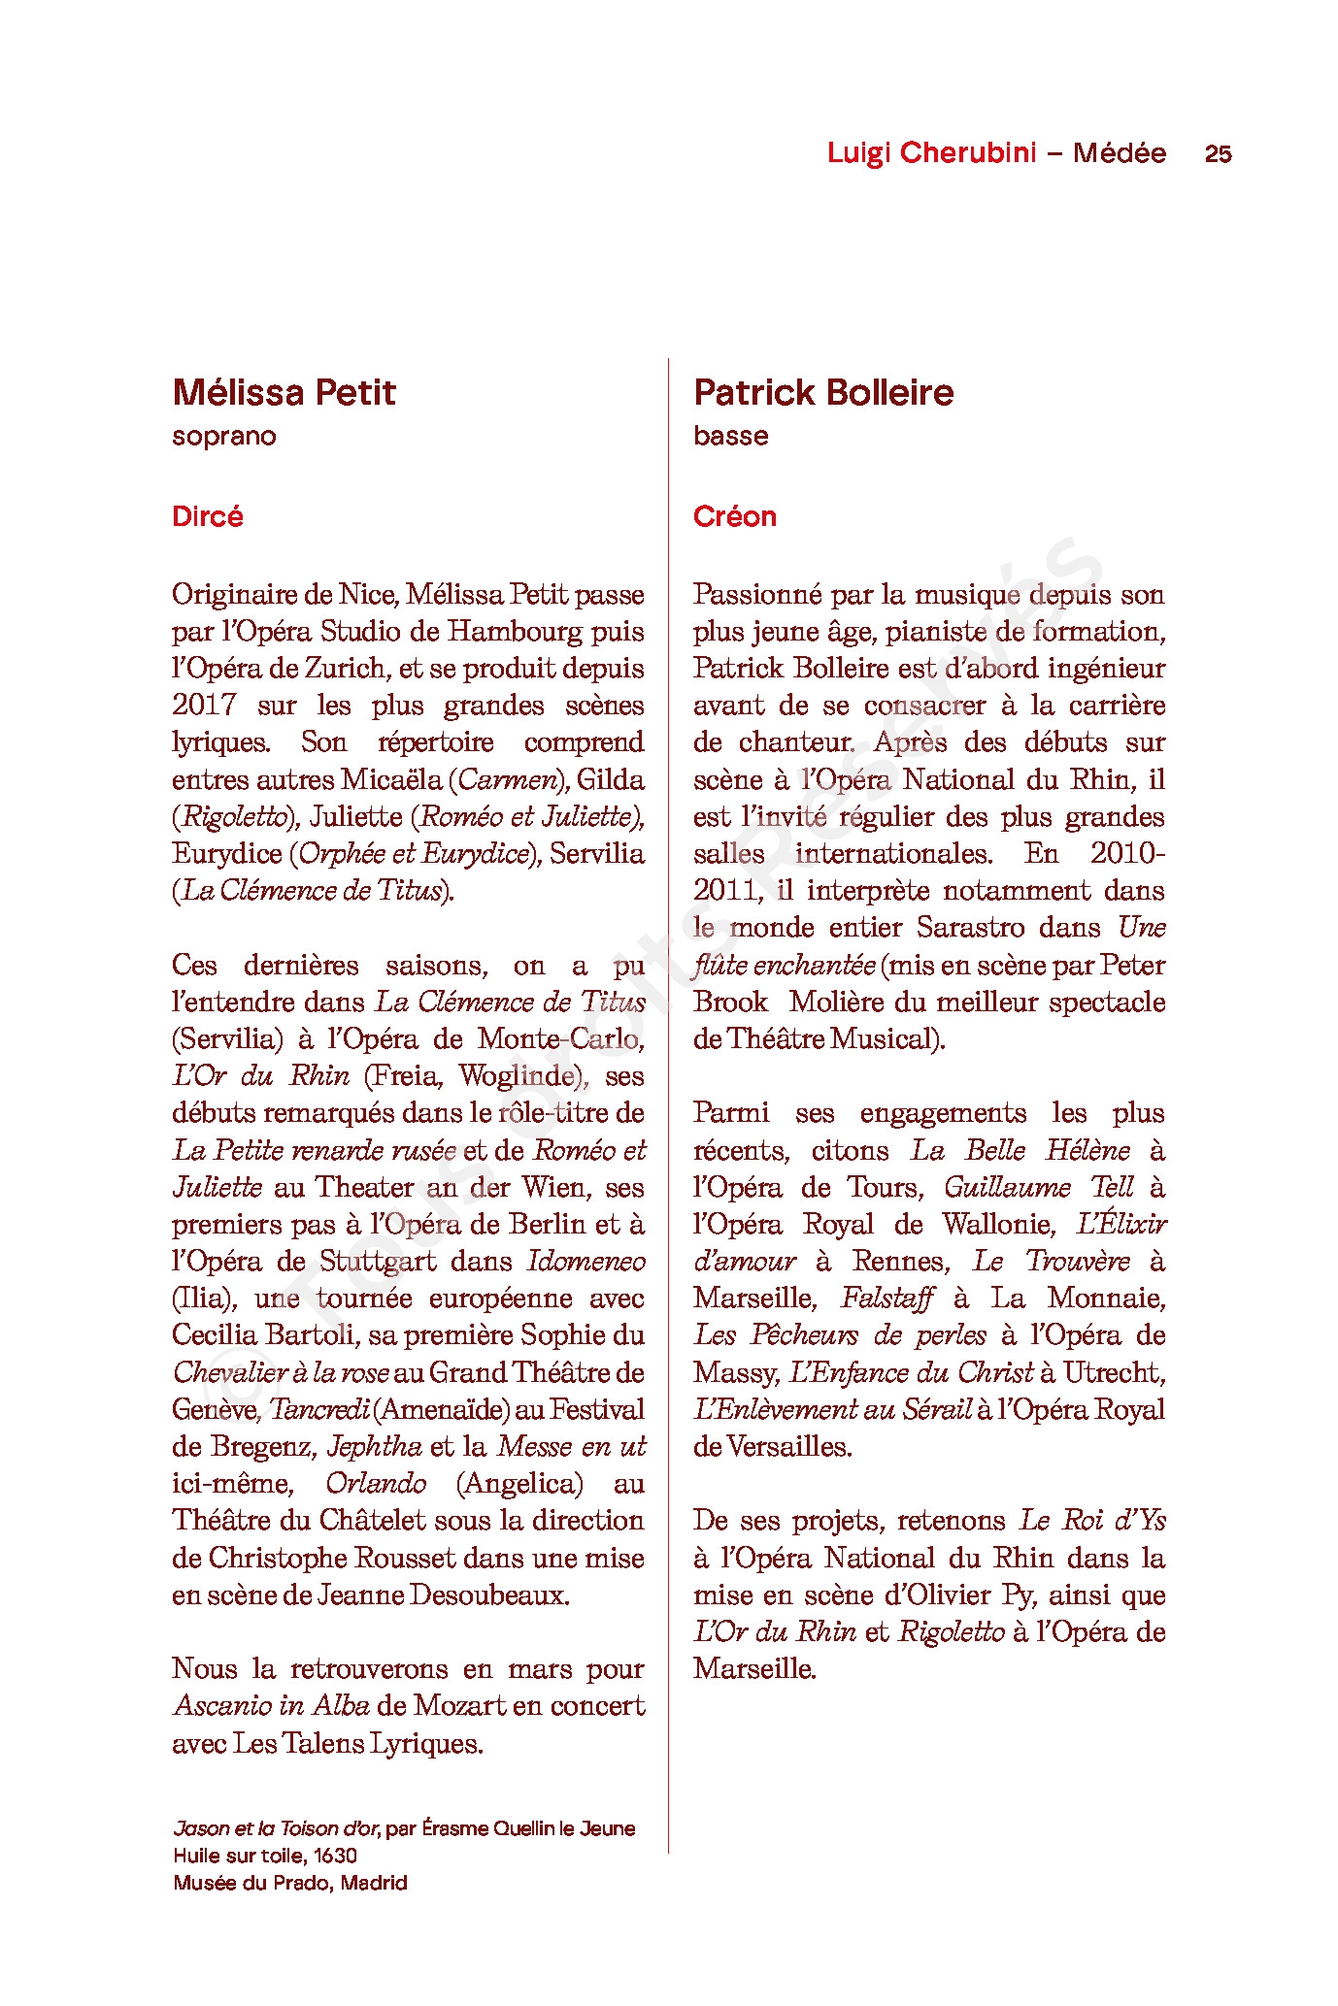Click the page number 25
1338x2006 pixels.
[x=1218, y=153]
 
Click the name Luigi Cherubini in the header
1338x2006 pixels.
[x=931, y=152]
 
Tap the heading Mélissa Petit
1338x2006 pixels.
[x=284, y=392]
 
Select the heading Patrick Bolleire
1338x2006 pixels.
[x=823, y=392]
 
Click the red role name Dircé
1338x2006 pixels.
[x=207, y=516]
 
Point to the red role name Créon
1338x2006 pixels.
[x=734, y=516]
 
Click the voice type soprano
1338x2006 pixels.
[x=223, y=436]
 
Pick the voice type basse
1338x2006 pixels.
[x=730, y=436]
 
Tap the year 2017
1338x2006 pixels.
[x=204, y=706]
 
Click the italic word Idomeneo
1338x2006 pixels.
[x=586, y=1262]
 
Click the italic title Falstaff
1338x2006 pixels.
[x=887, y=1299]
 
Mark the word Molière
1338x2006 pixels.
[x=835, y=1003]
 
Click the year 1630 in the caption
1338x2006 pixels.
[x=335, y=1856]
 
